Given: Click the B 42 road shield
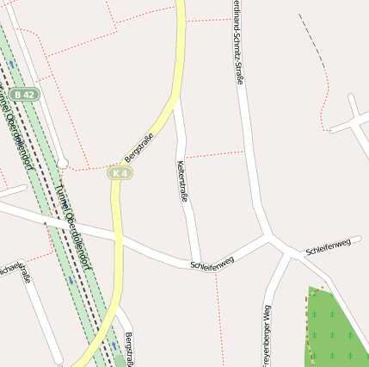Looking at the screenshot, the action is click(x=26, y=94).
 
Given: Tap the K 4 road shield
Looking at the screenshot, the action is click(x=120, y=173).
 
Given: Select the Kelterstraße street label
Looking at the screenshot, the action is click(x=182, y=182).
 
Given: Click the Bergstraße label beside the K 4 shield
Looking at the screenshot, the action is click(x=139, y=146).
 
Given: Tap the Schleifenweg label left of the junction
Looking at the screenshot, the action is click(x=212, y=262).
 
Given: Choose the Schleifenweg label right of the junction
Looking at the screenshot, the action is click(x=329, y=247).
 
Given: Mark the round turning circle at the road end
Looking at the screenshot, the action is click(x=63, y=163).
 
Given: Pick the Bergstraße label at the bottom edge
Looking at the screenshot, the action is click(x=129, y=349).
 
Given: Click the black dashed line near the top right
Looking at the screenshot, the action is click(x=311, y=39).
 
